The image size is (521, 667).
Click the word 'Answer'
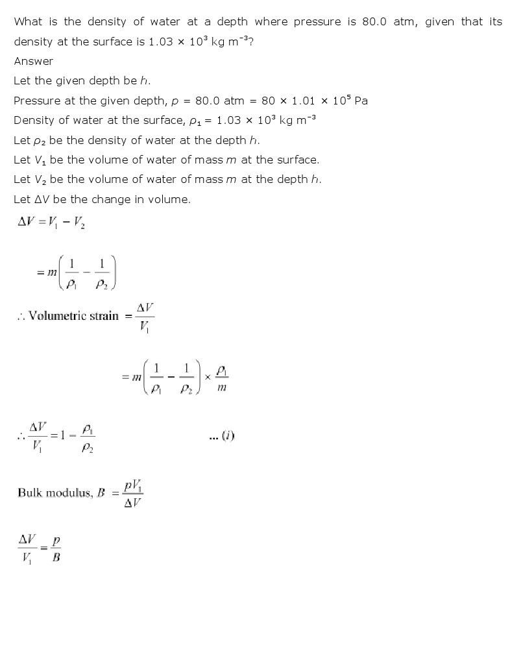point(34,61)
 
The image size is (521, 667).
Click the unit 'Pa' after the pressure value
point(361,101)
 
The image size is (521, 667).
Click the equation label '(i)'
point(227,436)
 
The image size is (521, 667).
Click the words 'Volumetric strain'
point(73,316)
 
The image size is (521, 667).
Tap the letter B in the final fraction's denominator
point(56,557)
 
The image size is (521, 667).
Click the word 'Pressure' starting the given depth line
point(37,101)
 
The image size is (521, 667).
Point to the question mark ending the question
point(250,42)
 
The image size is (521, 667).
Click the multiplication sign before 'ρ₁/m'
point(208,376)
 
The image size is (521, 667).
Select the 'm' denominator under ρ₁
point(222,388)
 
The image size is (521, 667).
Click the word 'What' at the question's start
point(28,21)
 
